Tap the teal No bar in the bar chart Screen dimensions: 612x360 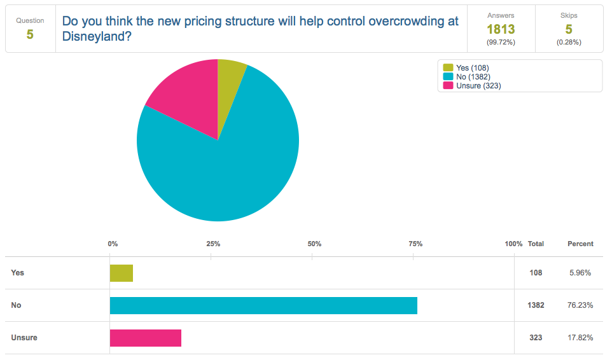coord(263,305)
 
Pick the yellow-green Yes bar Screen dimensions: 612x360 coord(122,273)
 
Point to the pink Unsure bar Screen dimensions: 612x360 coord(146,338)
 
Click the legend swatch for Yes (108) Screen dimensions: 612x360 coord(448,67)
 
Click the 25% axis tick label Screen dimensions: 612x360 coord(213,244)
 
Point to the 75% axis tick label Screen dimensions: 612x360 coord(415,244)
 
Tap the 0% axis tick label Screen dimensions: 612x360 coord(113,244)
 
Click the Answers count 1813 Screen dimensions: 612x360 coord(501,29)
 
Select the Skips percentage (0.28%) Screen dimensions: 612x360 coord(569,42)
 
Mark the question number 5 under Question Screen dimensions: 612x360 coord(30,34)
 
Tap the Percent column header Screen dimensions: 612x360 coord(580,244)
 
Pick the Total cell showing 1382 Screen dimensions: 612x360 coord(536,305)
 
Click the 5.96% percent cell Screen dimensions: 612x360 coord(580,273)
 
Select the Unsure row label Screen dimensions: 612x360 coord(24,338)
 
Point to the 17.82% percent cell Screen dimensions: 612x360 coord(580,338)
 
